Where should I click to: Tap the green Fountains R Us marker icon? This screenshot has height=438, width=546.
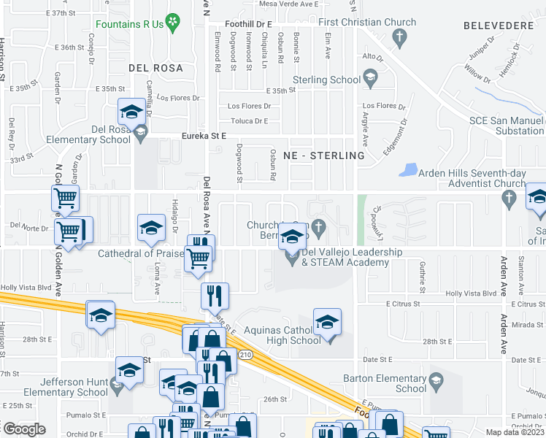(x=173, y=23)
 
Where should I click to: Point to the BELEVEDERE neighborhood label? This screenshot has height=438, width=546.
(x=503, y=26)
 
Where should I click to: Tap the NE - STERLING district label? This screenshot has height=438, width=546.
(x=328, y=155)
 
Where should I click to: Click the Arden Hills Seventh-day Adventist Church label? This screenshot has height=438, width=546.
(x=472, y=178)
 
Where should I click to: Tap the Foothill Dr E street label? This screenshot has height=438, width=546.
(x=248, y=24)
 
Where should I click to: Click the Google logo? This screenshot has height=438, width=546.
(x=23, y=429)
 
